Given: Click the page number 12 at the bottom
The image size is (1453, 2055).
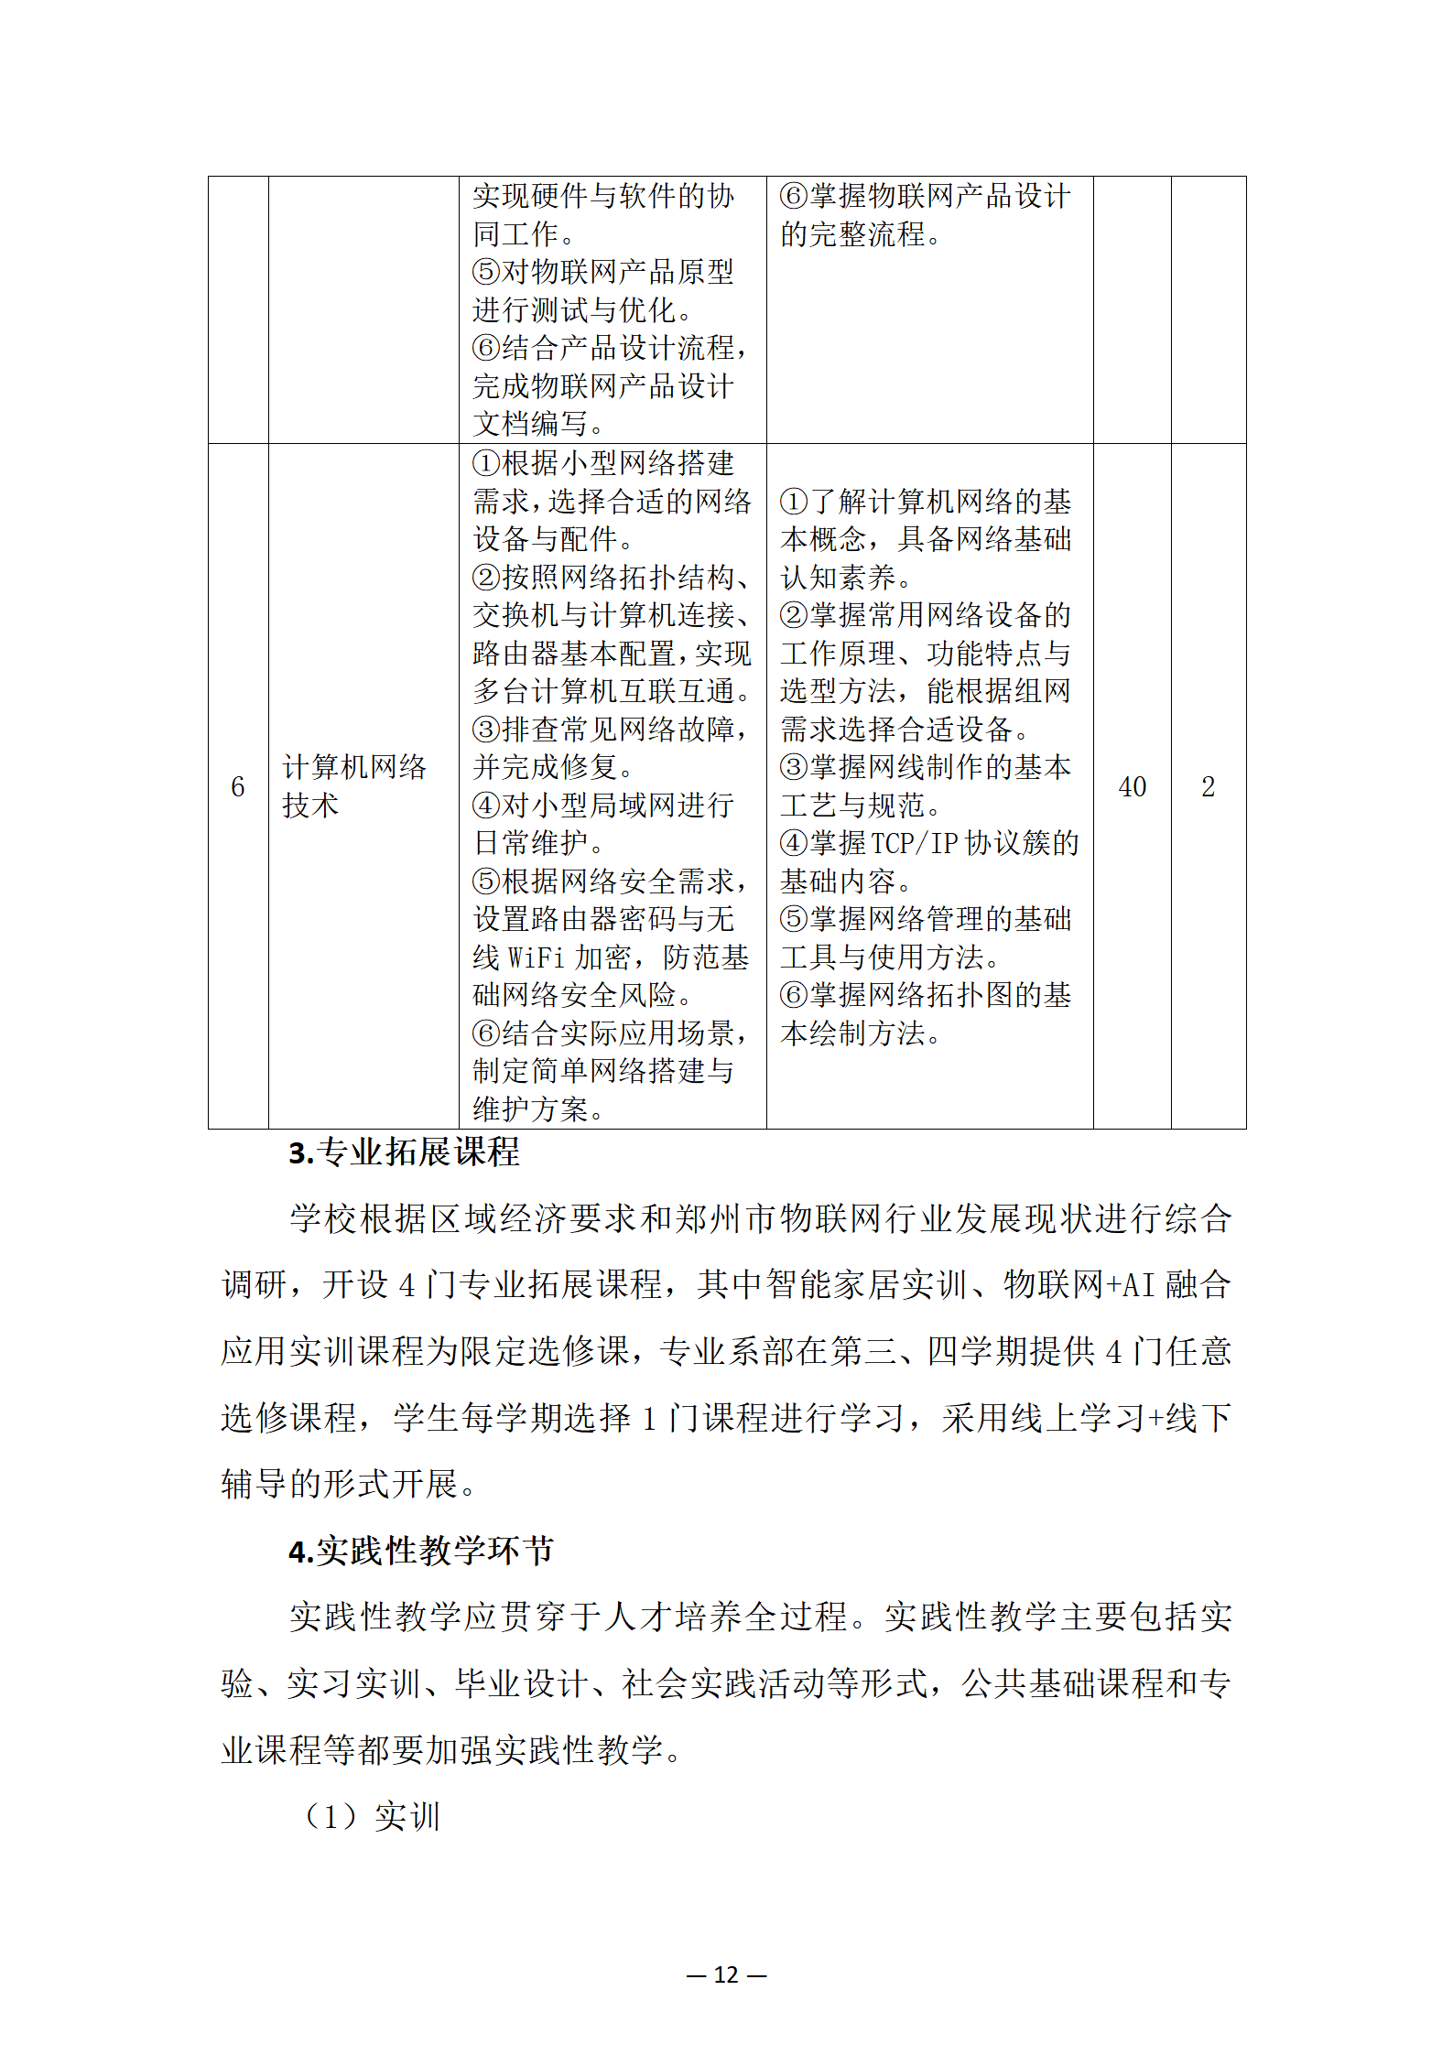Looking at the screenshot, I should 726,1974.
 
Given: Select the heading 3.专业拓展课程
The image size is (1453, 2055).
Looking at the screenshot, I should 404,1152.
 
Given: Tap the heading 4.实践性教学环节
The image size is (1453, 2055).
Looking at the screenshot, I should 420,1551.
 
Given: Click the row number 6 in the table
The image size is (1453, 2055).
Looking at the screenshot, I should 238,786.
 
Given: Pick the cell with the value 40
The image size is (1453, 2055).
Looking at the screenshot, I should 1132,786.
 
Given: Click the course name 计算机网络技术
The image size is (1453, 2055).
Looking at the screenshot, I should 354,785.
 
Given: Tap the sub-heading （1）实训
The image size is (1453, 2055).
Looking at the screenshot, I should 371,1816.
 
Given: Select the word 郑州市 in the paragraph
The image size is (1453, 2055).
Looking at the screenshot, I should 726,1219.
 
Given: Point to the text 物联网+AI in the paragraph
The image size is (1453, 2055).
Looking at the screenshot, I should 1079,1285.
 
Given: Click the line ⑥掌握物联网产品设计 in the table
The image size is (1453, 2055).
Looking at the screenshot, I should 925,196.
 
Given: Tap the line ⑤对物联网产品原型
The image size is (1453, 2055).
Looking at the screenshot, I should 603,272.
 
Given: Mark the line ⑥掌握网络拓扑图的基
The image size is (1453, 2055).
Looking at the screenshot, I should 925,995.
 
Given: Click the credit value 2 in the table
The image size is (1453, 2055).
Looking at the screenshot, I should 1208,786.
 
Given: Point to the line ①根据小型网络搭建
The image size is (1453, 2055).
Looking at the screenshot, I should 603,463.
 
